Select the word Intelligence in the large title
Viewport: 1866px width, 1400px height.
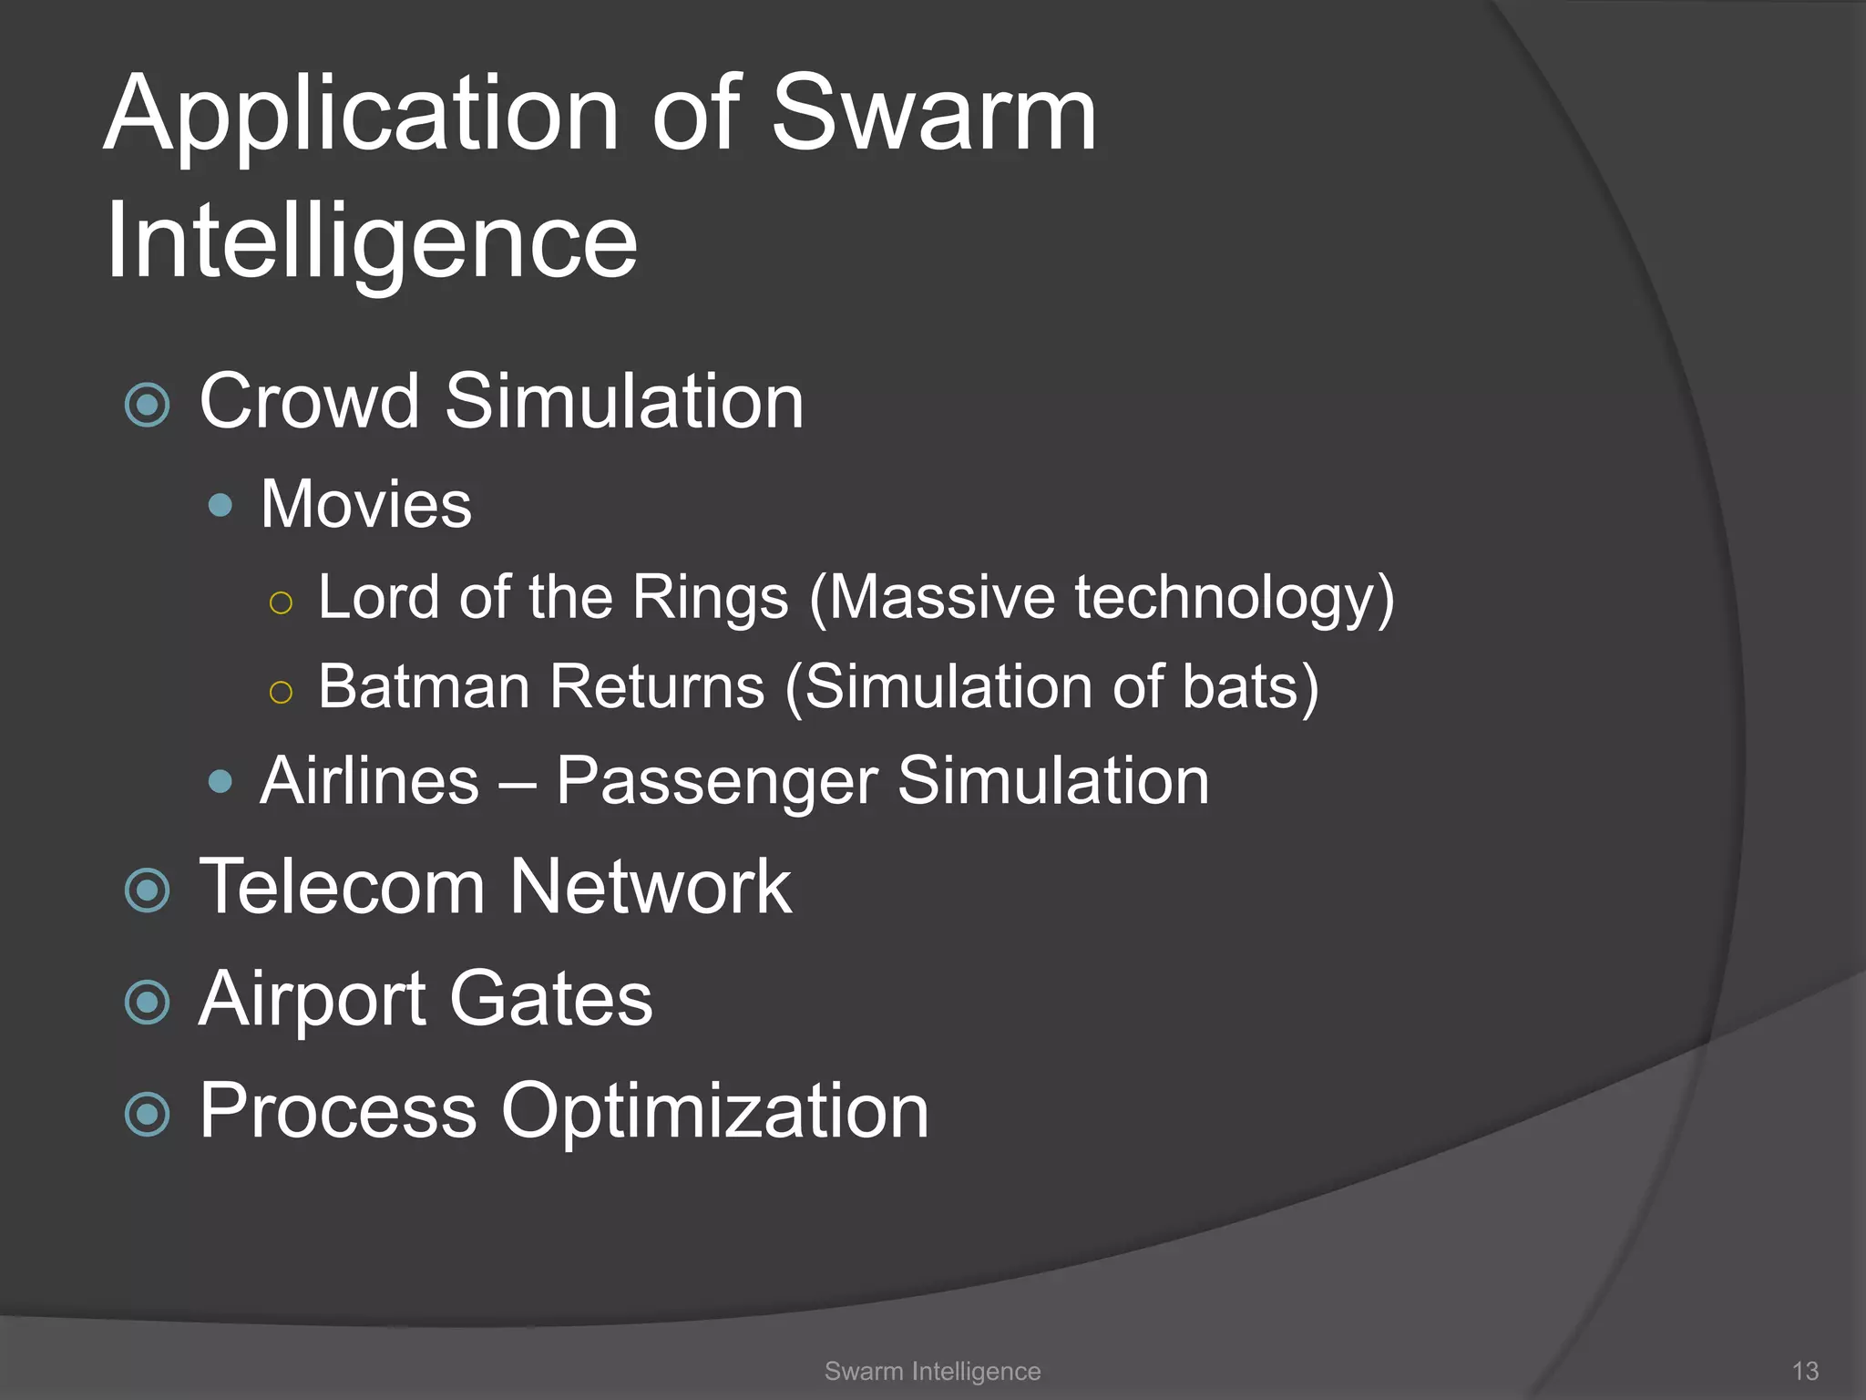(x=372, y=242)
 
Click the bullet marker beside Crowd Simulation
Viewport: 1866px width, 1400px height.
(x=148, y=404)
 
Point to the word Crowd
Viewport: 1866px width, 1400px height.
(x=310, y=402)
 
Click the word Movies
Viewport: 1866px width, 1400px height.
(x=366, y=504)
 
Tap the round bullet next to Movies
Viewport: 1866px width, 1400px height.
(x=220, y=505)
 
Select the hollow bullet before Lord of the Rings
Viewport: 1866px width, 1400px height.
(x=281, y=602)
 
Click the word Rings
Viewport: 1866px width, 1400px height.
(x=710, y=598)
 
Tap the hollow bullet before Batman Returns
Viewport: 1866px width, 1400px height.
(x=281, y=693)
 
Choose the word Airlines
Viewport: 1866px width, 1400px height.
(x=369, y=781)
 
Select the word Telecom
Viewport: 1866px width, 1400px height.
(x=343, y=887)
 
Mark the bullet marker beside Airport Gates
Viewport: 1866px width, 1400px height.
(x=148, y=1002)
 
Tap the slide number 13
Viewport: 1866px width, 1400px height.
(x=1805, y=1371)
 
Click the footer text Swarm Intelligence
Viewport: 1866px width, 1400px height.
(x=932, y=1371)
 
